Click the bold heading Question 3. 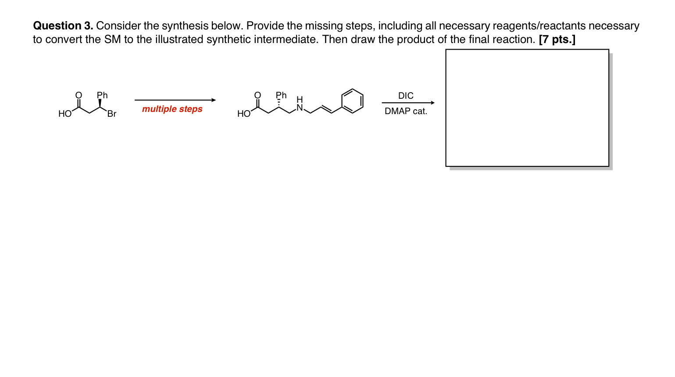[x=63, y=26]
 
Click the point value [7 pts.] [x=557, y=39]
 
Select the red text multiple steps [x=172, y=109]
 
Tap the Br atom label [x=112, y=114]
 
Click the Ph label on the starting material [x=102, y=95]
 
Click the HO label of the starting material [x=64, y=114]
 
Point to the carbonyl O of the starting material [x=79, y=95]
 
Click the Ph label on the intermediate [x=281, y=95]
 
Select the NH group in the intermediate [x=300, y=104]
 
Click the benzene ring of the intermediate [x=352, y=101]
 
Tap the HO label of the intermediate [x=243, y=114]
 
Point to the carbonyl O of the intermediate [x=257, y=95]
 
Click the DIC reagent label [x=406, y=96]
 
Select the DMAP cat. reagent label [x=406, y=111]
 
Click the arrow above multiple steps [x=175, y=100]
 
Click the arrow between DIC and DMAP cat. [x=407, y=103]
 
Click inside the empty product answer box [x=527, y=108]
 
